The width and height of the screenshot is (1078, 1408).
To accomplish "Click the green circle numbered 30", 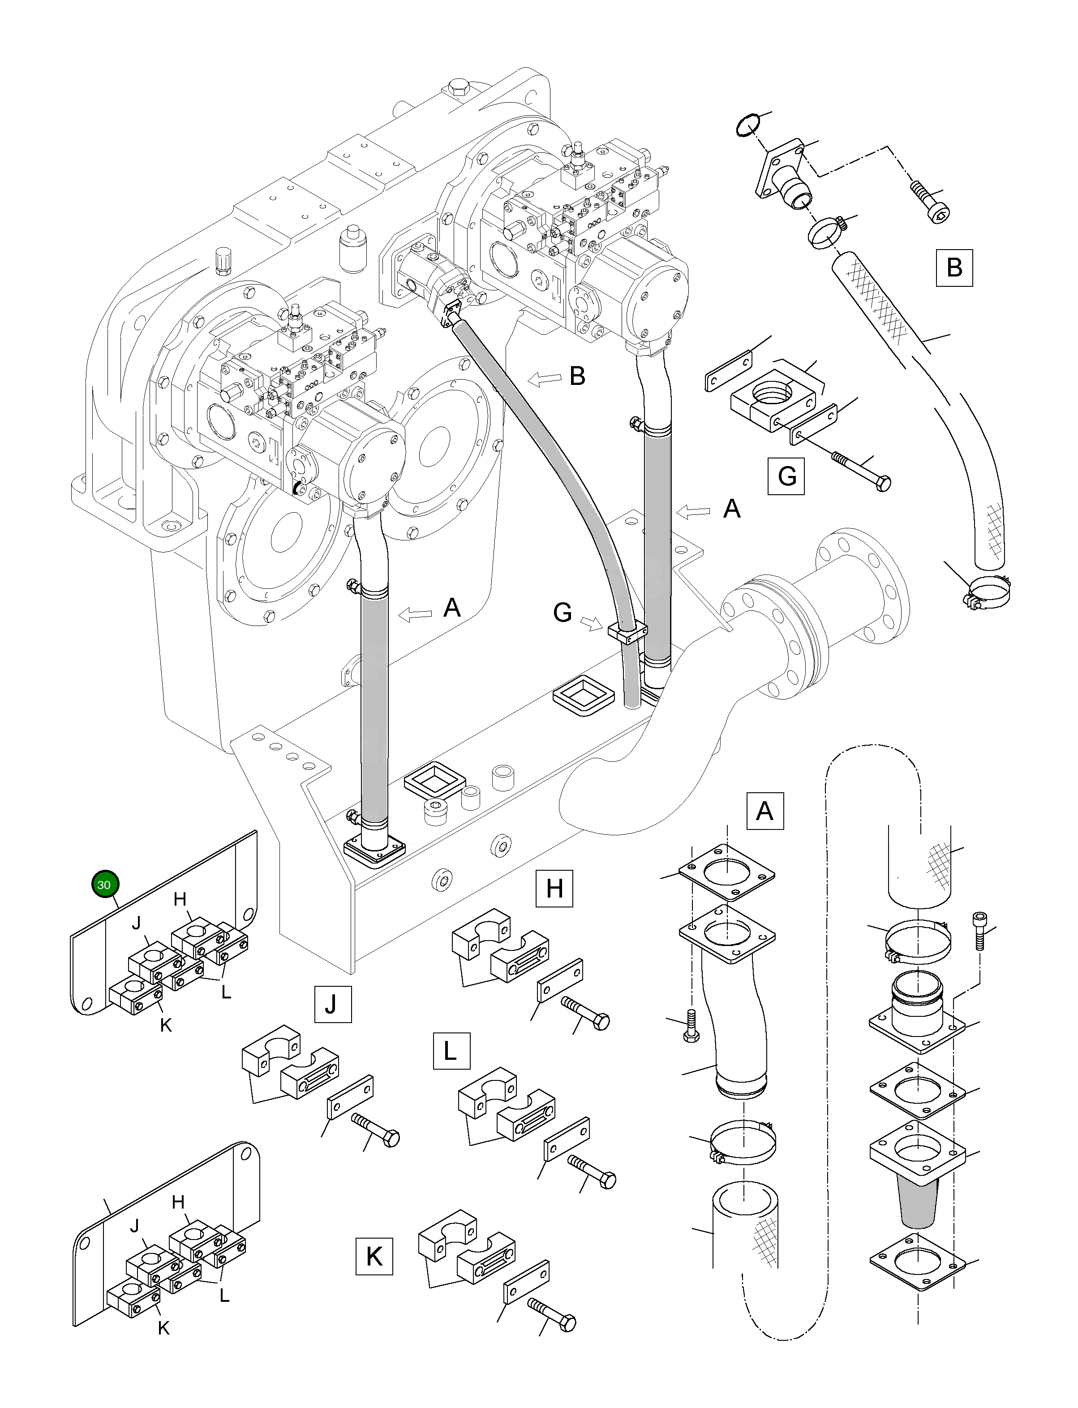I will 103,884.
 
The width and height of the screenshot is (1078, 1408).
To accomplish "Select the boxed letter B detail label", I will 953,267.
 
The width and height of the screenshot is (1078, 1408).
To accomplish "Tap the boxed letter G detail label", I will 787,476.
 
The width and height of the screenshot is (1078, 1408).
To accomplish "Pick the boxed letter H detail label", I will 554,889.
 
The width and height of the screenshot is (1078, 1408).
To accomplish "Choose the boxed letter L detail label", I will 451,1050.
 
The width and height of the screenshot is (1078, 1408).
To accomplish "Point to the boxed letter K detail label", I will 374,1256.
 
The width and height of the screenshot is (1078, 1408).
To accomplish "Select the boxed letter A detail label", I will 765,811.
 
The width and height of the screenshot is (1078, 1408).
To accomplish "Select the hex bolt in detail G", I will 860,469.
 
